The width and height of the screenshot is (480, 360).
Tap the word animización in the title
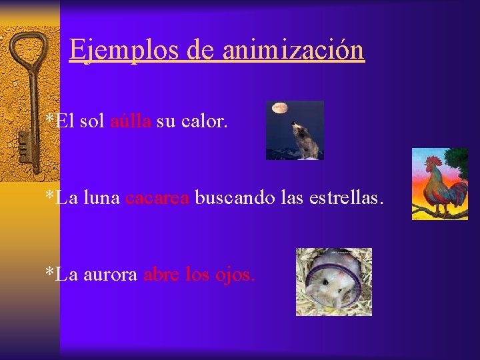[293, 50]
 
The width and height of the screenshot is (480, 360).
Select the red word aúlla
[131, 121]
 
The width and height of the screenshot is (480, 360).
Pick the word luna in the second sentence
[102, 197]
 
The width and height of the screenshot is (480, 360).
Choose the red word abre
[157, 274]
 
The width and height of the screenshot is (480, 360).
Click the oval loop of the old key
[27, 50]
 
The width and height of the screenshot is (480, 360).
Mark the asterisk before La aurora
[49, 273]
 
